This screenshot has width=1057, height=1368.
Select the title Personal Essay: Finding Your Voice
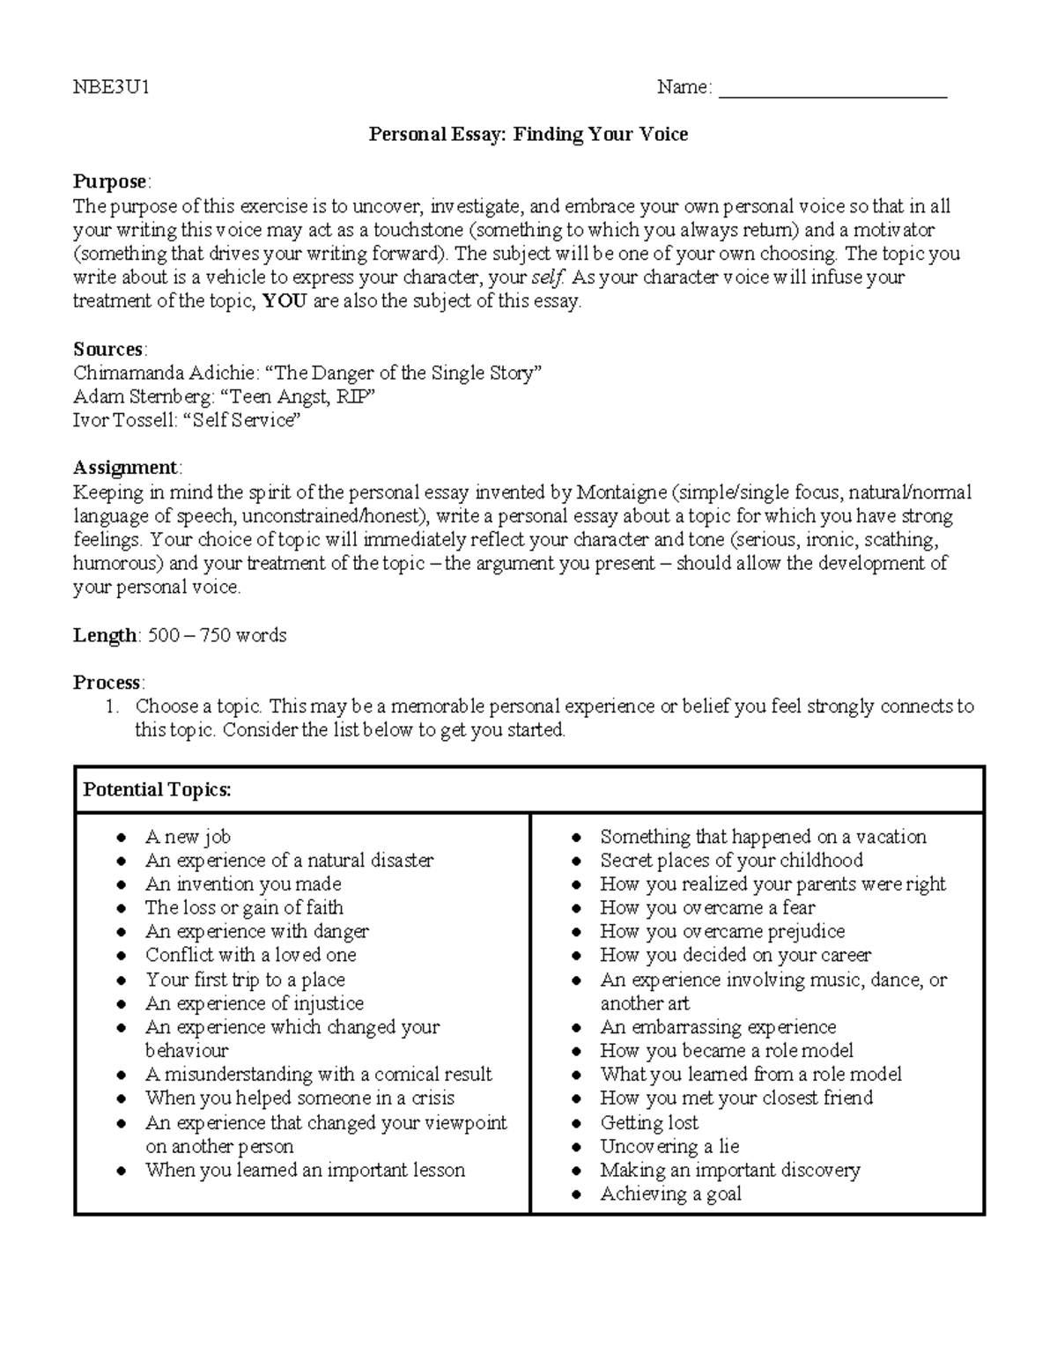coord(528,135)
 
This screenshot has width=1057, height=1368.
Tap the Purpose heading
coord(109,181)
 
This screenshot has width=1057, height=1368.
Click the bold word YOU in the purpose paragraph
coord(285,301)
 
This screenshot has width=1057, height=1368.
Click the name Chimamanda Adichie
coord(162,373)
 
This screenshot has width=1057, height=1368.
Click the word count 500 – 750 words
coord(217,635)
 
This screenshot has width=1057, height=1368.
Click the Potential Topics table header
coord(157,789)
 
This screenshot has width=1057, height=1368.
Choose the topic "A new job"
coord(188,837)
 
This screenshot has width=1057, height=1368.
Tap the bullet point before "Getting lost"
coord(577,1124)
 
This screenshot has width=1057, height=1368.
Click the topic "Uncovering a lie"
coord(669,1147)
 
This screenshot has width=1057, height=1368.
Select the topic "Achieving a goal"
coord(670,1194)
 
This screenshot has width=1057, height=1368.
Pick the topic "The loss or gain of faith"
coord(244,908)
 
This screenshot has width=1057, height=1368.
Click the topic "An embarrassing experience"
coord(718,1027)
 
